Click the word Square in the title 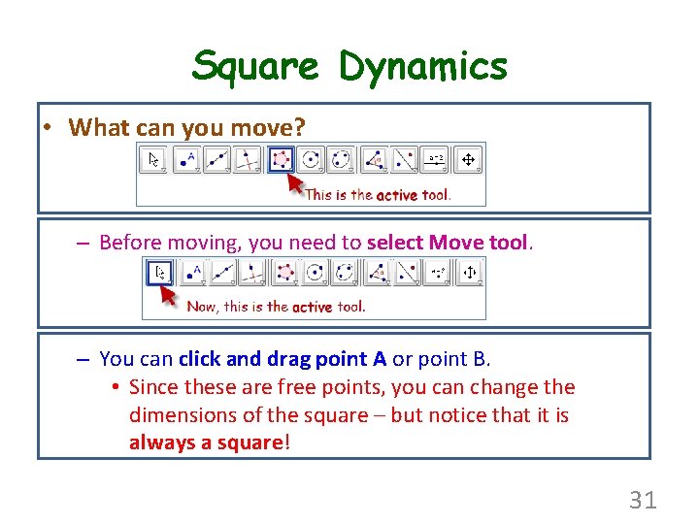(254, 66)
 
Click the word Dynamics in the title (423, 66)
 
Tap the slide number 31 (643, 500)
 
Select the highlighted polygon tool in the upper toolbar (282, 159)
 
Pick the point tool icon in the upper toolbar (188, 159)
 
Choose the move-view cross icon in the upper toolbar (468, 159)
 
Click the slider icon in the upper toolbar (437, 159)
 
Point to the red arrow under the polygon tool (294, 181)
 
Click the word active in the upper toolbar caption (397, 195)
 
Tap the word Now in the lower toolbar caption (202, 307)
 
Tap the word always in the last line (162, 442)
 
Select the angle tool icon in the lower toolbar (406, 273)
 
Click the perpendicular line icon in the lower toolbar (251, 273)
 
